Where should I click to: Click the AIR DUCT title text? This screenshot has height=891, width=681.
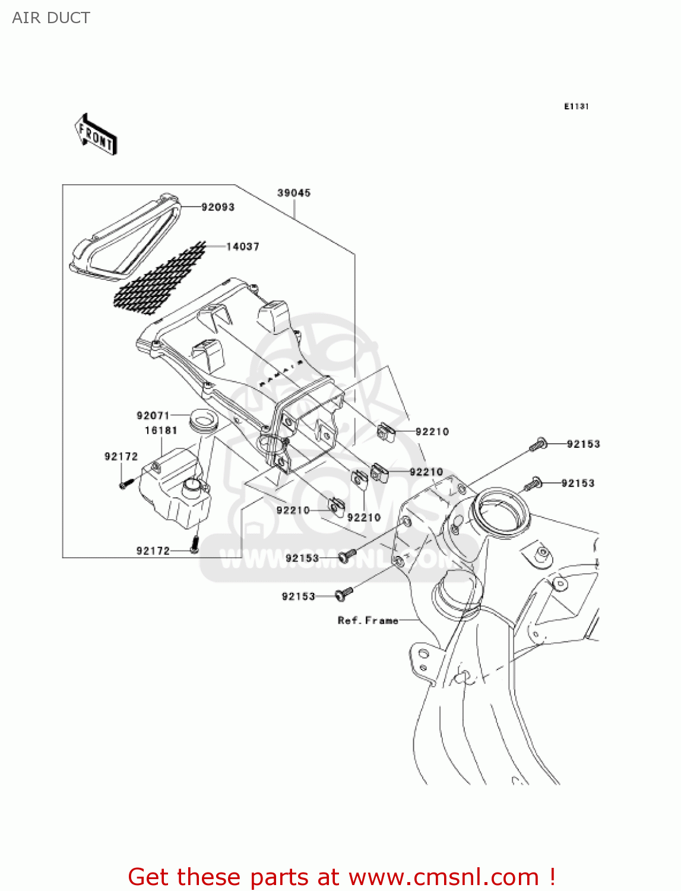point(51,18)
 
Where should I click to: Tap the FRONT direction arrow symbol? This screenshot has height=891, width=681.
point(96,135)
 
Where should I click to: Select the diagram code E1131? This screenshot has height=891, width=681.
point(576,106)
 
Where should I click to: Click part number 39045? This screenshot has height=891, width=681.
point(294,193)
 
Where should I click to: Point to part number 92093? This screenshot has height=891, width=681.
point(218,207)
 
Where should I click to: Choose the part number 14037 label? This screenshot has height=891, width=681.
point(243,247)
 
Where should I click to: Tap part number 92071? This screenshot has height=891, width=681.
point(153,416)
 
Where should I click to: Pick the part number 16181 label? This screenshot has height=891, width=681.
point(161,431)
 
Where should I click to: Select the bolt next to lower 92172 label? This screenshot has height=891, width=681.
point(194,544)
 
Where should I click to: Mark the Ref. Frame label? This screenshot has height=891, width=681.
point(368,621)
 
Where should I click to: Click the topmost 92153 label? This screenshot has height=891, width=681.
point(583,444)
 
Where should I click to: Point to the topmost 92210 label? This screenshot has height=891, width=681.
point(432,432)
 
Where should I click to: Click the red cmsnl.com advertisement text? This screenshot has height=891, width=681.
point(341,877)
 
